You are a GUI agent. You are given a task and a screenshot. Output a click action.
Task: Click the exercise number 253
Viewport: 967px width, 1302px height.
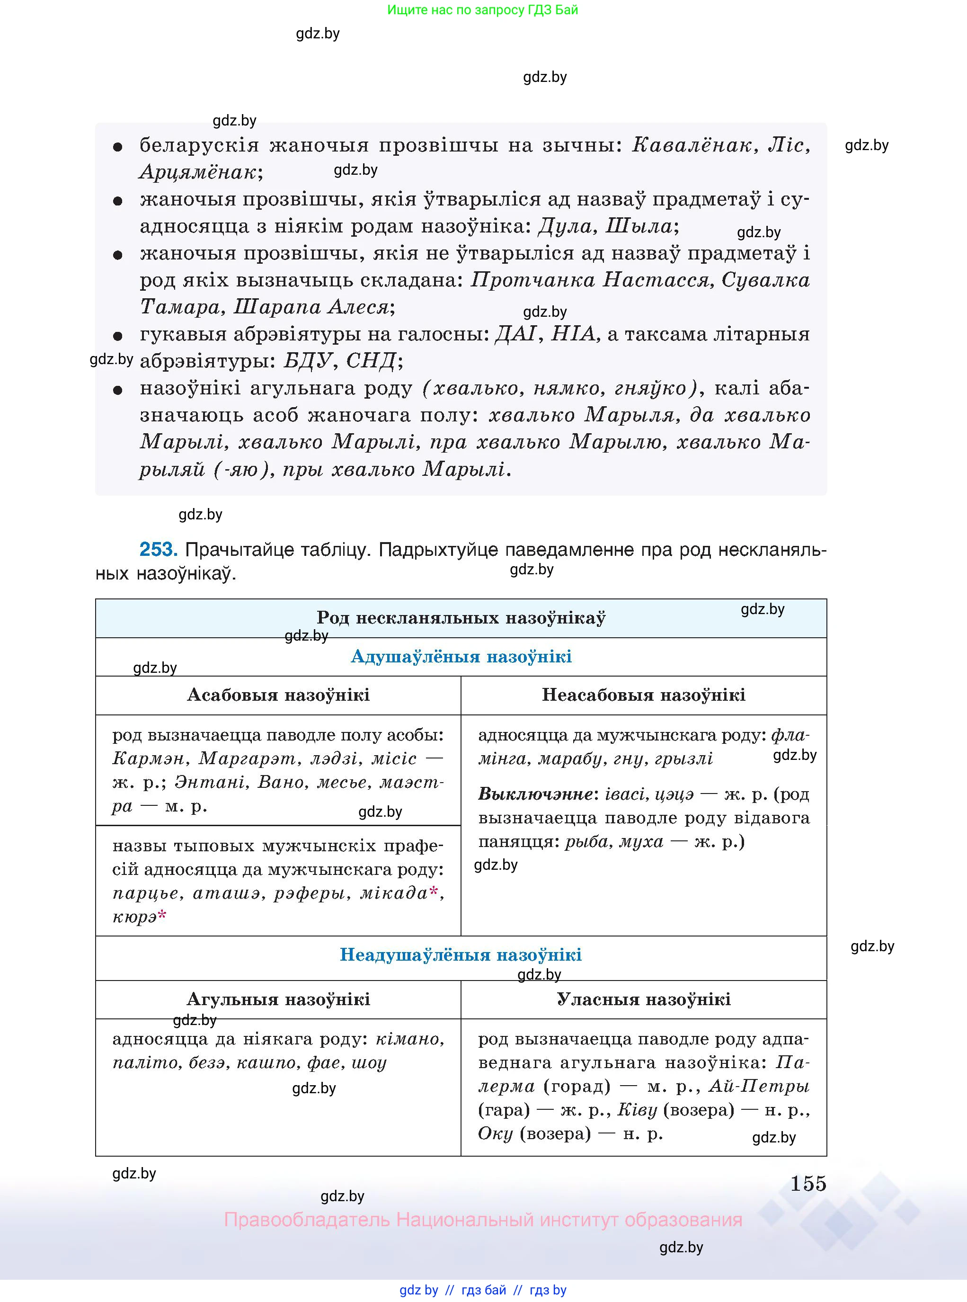[158, 549]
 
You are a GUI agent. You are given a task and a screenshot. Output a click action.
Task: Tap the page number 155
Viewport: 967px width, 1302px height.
[808, 1183]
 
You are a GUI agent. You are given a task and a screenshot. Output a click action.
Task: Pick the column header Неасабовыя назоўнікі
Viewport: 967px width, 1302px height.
[643, 695]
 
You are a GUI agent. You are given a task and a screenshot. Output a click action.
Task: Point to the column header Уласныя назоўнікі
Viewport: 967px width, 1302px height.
[643, 999]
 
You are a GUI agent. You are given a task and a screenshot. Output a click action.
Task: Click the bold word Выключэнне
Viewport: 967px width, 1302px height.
[536, 794]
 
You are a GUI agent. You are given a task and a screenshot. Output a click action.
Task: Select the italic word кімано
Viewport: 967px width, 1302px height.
[410, 1039]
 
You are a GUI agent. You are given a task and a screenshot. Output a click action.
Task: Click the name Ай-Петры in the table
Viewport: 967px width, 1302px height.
[759, 1087]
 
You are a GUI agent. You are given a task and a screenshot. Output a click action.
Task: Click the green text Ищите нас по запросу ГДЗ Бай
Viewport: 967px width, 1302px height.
[482, 10]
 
